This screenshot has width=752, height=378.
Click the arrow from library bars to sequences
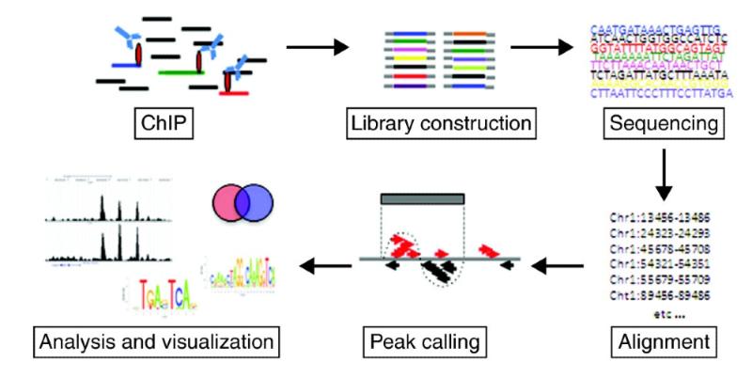click(540, 45)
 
